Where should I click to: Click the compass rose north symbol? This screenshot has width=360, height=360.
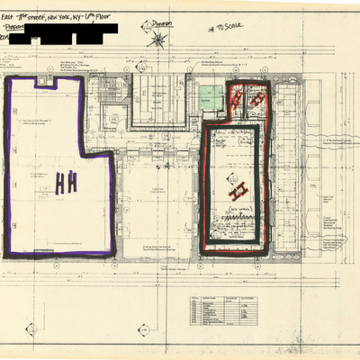tap(158, 38)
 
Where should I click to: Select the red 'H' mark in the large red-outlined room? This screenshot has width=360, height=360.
tap(238, 191)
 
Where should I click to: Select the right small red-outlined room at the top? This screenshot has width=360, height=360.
tap(256, 103)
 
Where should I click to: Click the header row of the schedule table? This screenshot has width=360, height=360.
tap(220, 297)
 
